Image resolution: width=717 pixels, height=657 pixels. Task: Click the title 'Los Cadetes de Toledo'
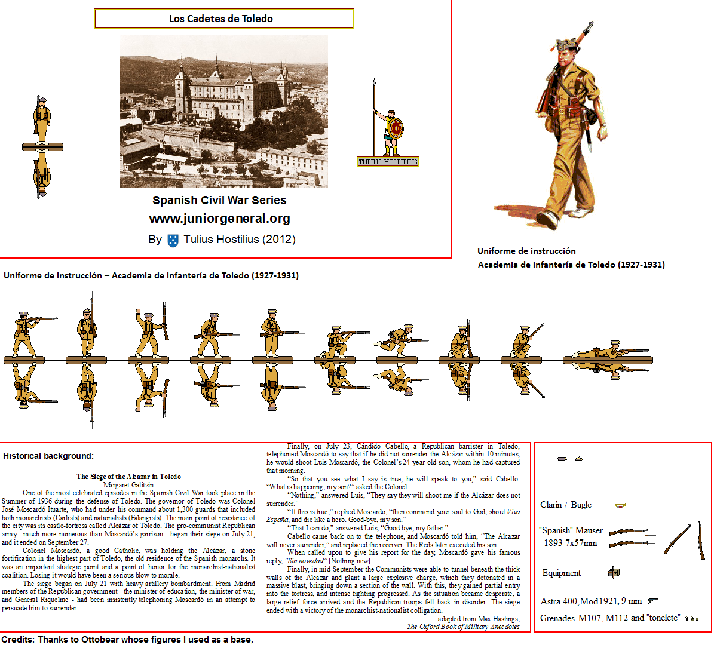coord(220,19)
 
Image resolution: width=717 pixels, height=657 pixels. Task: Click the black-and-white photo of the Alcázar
coord(223,112)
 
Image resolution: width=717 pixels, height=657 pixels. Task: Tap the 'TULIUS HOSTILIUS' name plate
coord(388,162)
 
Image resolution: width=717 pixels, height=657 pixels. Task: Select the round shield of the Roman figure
coord(396,129)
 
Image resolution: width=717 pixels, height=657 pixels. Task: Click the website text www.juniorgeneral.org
coord(219,219)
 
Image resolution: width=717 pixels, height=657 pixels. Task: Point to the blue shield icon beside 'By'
coord(173,240)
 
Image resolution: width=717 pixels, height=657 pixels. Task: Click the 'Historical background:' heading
coord(48,456)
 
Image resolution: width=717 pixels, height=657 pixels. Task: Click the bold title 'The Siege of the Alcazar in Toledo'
coord(128,476)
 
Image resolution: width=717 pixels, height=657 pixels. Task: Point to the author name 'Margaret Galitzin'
coord(128,484)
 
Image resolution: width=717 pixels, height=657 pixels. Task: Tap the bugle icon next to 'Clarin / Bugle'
coord(620,505)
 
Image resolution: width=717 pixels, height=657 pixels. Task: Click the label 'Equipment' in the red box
coord(561,573)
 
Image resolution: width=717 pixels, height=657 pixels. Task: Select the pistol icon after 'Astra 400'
coord(652,601)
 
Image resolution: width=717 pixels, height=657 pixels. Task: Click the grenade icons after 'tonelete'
coord(692,619)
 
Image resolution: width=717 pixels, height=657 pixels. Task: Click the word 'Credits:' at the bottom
coord(18,640)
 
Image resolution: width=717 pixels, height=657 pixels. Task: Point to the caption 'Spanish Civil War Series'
coord(219,200)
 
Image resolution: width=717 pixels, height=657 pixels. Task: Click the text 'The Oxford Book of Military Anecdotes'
coord(463,627)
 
